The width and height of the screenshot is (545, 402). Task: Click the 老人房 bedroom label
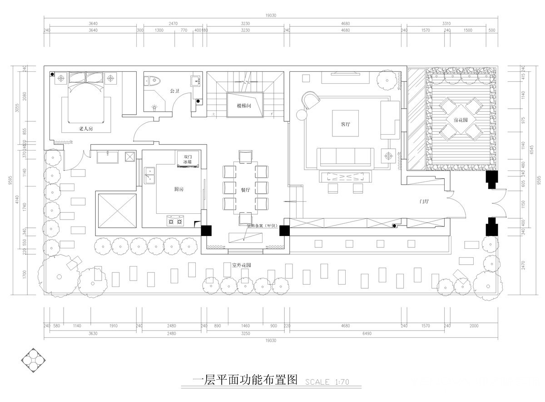tap(86, 129)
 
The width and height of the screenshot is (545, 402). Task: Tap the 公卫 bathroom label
tap(174, 91)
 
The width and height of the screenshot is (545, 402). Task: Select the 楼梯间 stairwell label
tap(244, 106)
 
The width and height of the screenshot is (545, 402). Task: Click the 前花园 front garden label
tap(461, 120)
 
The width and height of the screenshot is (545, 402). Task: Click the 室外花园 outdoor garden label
tap(241, 265)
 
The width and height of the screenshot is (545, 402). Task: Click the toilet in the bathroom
tap(153, 81)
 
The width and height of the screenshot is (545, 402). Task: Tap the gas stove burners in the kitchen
tap(176, 221)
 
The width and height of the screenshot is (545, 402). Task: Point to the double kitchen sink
tap(149, 175)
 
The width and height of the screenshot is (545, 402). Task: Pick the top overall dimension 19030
tap(271, 15)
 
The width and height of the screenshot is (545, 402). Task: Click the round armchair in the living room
tap(311, 101)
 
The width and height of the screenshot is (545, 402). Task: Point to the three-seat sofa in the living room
tap(347, 157)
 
